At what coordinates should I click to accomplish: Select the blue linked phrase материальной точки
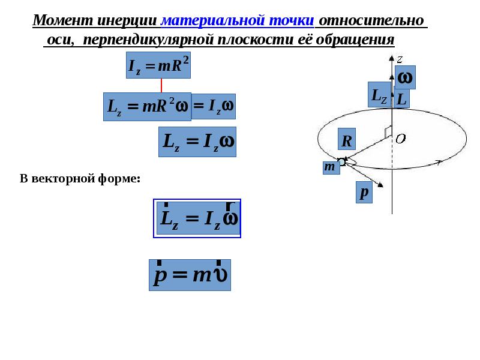click(238, 20)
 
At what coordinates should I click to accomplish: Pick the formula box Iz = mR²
click(158, 65)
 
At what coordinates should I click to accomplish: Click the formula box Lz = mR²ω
click(147, 107)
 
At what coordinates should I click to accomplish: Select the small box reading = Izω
click(213, 106)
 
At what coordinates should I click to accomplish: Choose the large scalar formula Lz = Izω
click(197, 142)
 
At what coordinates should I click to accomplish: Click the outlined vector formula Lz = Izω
click(197, 218)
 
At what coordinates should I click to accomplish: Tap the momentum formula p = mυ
click(190, 275)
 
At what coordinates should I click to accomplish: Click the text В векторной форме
click(80, 178)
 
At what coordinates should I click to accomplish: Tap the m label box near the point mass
click(330, 167)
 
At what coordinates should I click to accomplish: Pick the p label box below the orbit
click(364, 192)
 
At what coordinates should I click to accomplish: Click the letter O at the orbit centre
click(400, 139)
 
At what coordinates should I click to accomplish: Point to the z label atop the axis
click(399, 58)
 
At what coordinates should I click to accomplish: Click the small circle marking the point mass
click(341, 161)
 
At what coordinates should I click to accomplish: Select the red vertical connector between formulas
click(161, 85)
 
